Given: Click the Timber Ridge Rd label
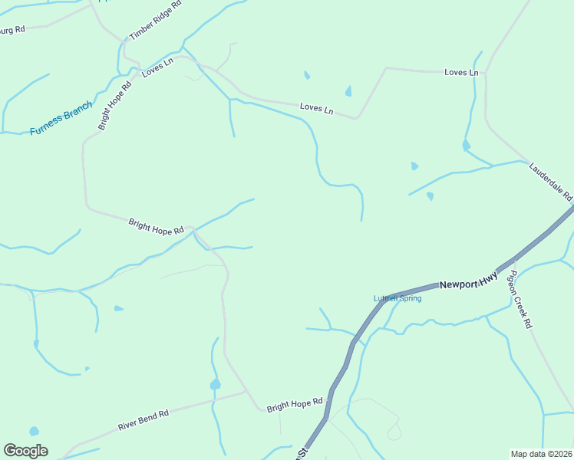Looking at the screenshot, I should [156, 20].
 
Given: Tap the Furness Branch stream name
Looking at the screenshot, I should [61, 119].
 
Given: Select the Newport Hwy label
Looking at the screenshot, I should [468, 282].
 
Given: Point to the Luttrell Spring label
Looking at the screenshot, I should [397, 298].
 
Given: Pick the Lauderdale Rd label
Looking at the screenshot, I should [551, 181].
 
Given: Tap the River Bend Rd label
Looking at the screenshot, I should [143, 420].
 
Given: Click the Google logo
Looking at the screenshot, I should [25, 451].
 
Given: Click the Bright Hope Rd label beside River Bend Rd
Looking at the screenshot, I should [295, 404].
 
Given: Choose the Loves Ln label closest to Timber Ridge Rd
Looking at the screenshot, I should [157, 67].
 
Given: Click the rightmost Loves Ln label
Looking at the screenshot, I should [461, 72].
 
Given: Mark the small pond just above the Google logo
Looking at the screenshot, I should [34, 432].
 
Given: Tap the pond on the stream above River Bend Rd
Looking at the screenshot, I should [215, 383].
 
